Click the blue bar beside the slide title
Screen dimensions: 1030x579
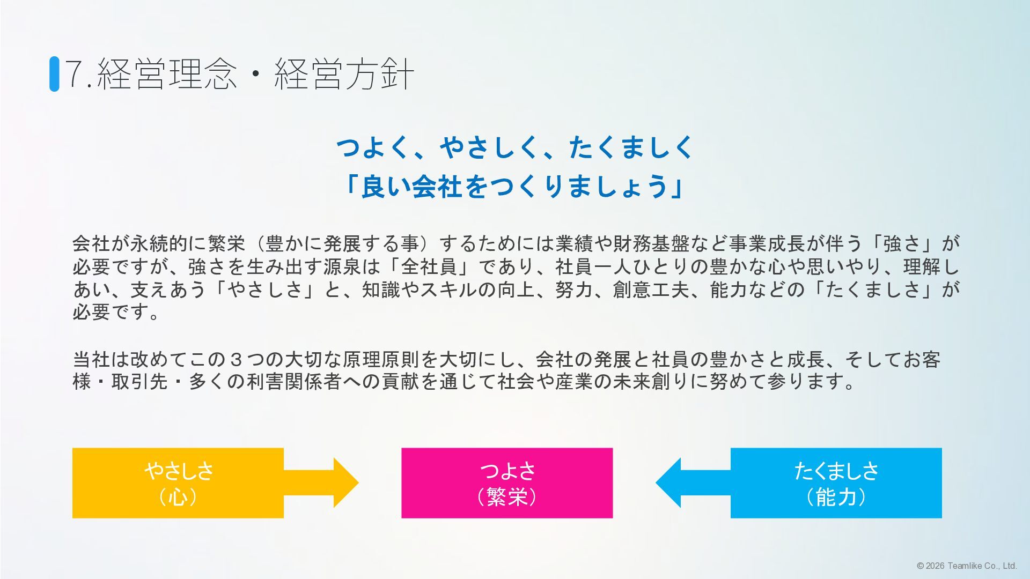click(54, 74)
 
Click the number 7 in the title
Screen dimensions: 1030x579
click(76, 74)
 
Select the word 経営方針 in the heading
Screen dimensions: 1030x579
click(344, 74)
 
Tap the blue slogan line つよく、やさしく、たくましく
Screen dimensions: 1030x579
click(515, 147)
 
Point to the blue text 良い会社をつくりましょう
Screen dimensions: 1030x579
click(515, 187)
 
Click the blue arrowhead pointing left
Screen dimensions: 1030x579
click(669, 482)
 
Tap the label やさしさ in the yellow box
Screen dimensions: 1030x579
click(179, 471)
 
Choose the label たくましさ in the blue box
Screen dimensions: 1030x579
click(836, 471)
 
